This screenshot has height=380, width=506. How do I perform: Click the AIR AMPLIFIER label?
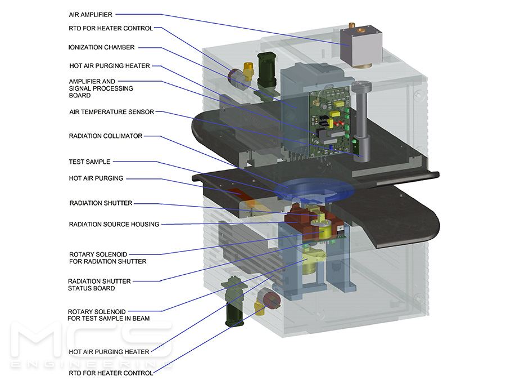[x=91, y=15]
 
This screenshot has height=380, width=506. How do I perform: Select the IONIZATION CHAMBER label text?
[x=102, y=48]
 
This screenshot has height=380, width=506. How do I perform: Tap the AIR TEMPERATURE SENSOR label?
[x=111, y=112]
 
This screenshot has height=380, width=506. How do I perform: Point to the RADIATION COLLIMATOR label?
[x=106, y=136]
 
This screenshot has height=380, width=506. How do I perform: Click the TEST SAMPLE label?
[x=89, y=162]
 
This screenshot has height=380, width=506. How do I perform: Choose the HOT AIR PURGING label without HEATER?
[x=96, y=179]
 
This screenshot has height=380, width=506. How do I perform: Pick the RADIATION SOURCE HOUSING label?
[x=114, y=225]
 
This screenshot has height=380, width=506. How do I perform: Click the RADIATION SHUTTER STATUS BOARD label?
[x=100, y=285]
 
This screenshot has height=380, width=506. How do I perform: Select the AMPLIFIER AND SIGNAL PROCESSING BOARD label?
[x=101, y=88]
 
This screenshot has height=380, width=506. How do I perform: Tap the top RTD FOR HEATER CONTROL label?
[x=111, y=28]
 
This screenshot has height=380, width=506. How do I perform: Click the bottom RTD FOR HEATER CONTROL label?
[x=111, y=373]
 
